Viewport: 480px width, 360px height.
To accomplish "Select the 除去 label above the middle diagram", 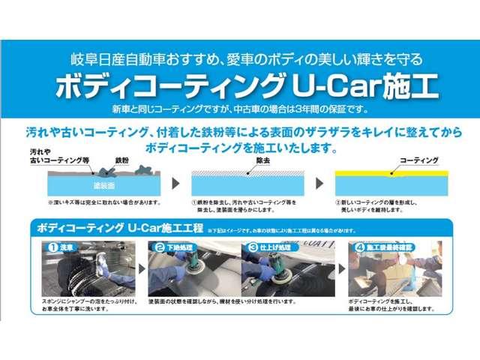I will click(263, 160).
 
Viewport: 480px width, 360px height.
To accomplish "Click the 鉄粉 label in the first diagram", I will click(122, 160).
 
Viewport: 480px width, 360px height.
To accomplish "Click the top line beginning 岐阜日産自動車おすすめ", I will click(240, 58).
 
